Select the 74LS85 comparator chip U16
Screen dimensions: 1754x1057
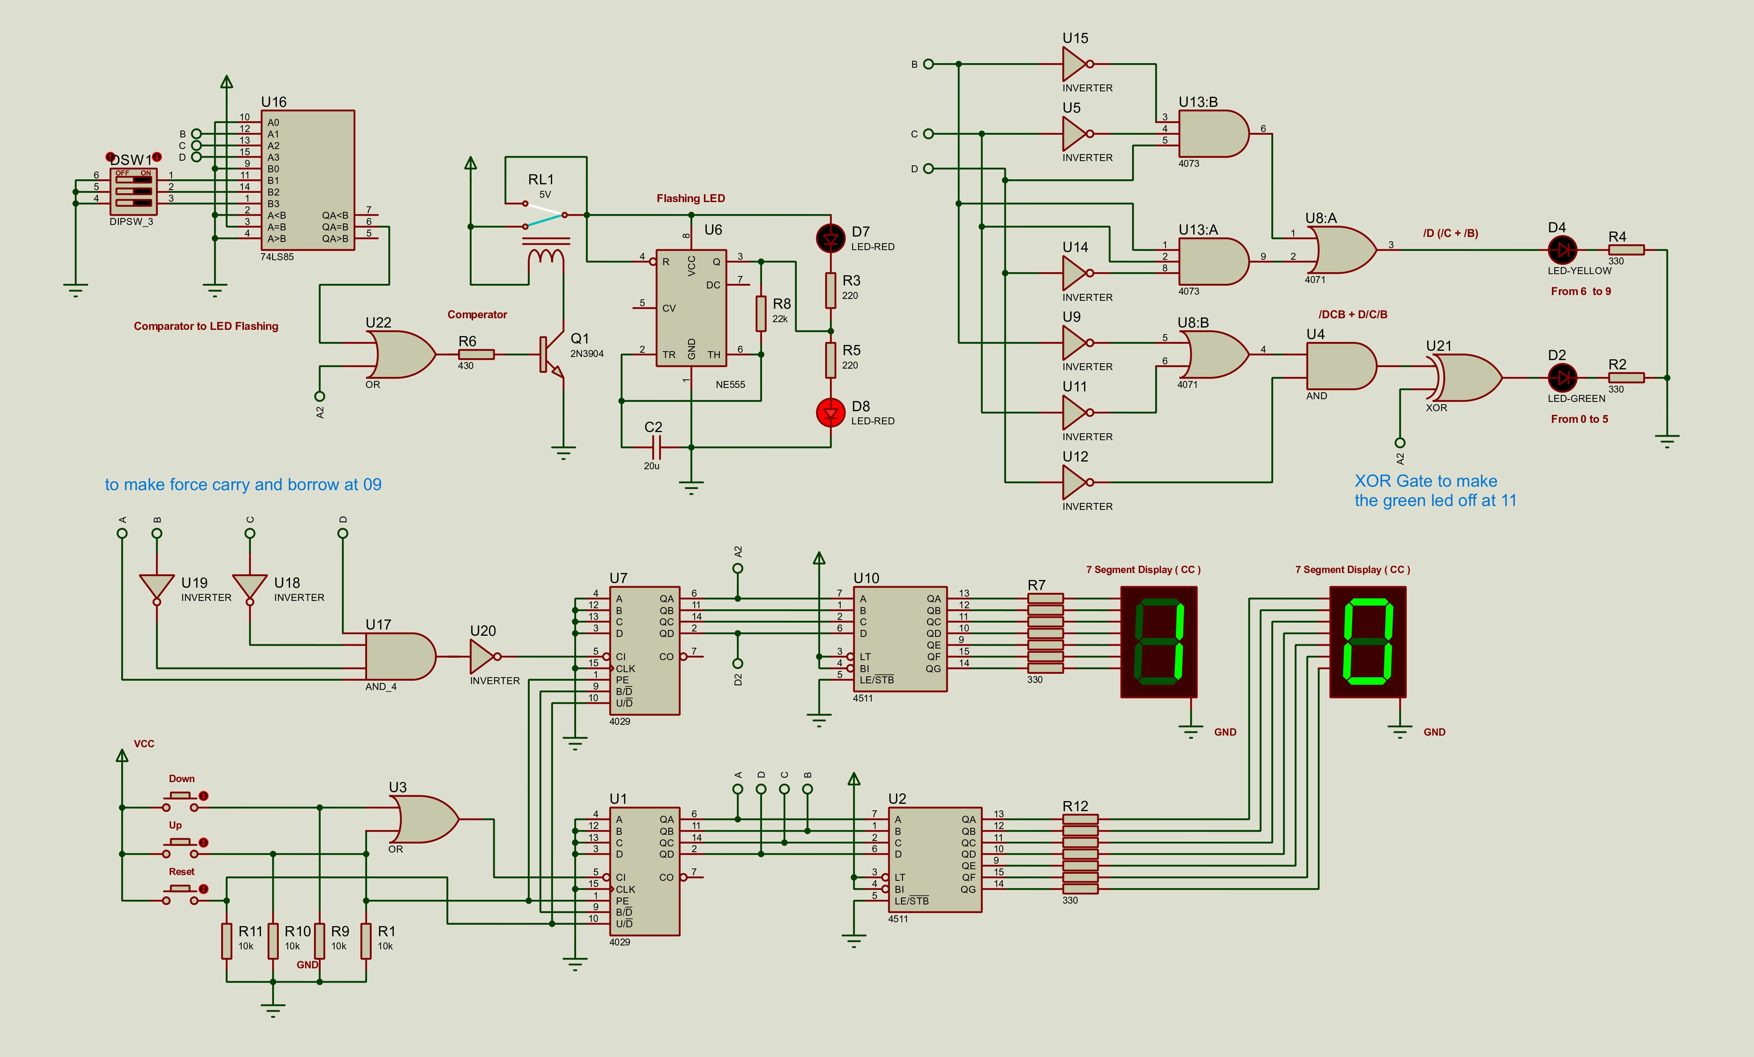click(307, 180)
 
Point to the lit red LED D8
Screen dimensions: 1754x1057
click(830, 412)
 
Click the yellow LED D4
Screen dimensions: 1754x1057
click(1562, 250)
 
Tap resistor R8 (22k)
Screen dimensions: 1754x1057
click(760, 313)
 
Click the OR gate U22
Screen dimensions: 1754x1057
click(401, 355)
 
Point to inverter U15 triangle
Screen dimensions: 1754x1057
click(1075, 64)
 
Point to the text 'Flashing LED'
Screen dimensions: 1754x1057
click(690, 199)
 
